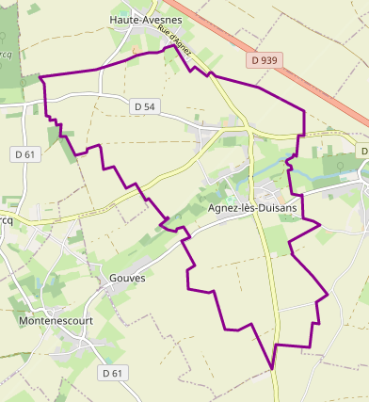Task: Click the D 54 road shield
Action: [x=144, y=106]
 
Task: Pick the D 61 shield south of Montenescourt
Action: [x=112, y=373]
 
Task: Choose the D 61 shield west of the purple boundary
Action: [x=24, y=153]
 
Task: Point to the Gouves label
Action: [x=127, y=279]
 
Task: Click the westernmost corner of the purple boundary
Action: [x=40, y=76]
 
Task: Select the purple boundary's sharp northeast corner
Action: [x=304, y=111]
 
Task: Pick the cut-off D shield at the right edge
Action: [x=363, y=152]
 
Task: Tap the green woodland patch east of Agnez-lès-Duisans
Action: [x=336, y=167]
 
